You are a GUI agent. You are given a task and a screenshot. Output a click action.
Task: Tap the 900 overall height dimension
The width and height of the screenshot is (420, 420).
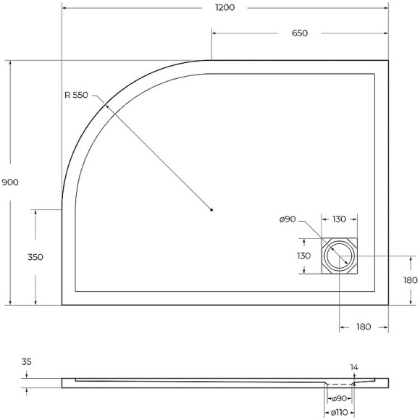[10, 182]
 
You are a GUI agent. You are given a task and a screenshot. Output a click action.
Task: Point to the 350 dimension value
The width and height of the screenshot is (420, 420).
[35, 257]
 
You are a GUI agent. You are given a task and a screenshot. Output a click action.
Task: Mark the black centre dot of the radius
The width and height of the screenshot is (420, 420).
[211, 210]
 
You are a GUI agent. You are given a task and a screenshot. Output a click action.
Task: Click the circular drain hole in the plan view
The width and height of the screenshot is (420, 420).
[339, 256]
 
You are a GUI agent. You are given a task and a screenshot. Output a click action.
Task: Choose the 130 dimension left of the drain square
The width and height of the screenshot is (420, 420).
[303, 256]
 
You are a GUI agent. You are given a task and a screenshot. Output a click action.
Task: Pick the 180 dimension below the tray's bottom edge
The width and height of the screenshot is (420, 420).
[364, 327]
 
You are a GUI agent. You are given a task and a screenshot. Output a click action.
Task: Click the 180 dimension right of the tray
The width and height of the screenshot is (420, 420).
[411, 280]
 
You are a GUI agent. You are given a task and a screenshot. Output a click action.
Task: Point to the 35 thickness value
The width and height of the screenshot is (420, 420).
[27, 361]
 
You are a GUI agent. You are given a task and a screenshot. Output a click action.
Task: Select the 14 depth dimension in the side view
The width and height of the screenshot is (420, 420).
[354, 367]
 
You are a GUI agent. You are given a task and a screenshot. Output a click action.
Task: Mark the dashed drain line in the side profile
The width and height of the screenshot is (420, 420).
[338, 385]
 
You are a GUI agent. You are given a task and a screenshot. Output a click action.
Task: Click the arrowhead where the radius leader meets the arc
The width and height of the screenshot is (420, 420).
[106, 106]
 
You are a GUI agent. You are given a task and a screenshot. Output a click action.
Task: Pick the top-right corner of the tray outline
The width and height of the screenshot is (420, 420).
[388, 61]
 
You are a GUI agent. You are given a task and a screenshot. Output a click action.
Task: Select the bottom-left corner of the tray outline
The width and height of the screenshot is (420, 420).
[62, 305]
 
